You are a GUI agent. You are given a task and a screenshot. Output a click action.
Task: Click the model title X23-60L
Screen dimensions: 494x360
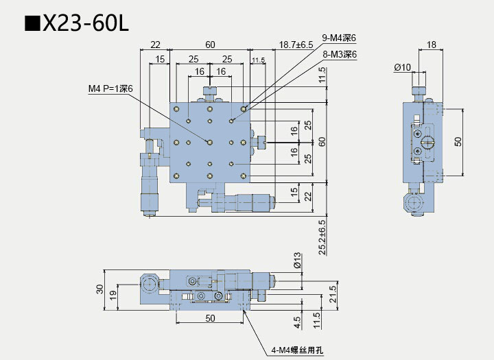click(77, 23)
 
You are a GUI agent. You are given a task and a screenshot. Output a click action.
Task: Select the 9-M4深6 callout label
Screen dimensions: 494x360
click(339, 38)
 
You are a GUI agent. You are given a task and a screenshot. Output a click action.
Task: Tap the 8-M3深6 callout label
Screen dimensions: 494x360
click(340, 54)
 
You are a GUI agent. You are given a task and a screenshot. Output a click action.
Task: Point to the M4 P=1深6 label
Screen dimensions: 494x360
click(110, 89)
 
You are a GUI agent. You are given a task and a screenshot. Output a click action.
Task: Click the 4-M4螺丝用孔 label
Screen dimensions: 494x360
click(297, 350)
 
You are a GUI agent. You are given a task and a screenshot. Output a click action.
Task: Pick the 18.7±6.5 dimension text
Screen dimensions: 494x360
click(296, 45)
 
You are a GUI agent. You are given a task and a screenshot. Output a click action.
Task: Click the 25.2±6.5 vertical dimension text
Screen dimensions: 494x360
click(322, 237)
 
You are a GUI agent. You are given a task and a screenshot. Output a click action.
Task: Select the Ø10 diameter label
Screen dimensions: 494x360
click(402, 67)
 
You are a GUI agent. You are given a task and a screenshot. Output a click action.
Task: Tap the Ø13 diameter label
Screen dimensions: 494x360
click(297, 261)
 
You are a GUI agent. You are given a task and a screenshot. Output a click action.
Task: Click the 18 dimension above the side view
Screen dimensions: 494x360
click(432, 45)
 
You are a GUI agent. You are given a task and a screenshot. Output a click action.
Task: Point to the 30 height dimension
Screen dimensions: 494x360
click(99, 289)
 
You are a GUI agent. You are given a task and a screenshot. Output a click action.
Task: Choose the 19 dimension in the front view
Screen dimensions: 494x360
click(113, 295)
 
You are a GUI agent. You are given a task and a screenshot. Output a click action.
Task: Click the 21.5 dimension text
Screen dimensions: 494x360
click(333, 294)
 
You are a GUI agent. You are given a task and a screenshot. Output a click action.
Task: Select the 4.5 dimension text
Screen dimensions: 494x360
click(297, 322)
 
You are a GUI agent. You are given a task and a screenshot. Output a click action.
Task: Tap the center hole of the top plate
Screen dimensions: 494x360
click(210, 143)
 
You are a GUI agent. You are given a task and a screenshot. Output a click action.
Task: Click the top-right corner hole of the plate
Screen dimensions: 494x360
click(243, 109)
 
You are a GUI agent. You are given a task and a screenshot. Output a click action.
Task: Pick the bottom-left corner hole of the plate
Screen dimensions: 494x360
click(176, 176)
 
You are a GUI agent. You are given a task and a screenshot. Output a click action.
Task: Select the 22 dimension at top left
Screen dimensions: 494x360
click(155, 45)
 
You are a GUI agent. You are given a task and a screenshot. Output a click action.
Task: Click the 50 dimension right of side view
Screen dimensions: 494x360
click(458, 141)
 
